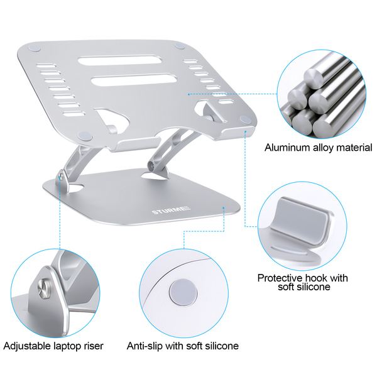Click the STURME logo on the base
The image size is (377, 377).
point(171,210)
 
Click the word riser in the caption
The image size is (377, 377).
point(94,346)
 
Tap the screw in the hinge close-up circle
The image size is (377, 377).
point(44,288)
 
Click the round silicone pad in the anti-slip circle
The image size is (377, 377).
point(183,292)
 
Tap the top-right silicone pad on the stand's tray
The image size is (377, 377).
point(180,46)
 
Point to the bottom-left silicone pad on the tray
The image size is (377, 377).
point(85,136)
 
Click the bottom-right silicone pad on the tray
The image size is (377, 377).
point(245,119)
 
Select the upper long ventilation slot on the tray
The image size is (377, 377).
point(119,60)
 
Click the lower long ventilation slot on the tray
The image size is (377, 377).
point(134,80)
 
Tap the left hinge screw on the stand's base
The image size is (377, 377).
point(61,177)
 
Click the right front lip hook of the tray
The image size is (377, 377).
point(238,133)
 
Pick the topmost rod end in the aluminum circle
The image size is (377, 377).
point(313,77)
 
